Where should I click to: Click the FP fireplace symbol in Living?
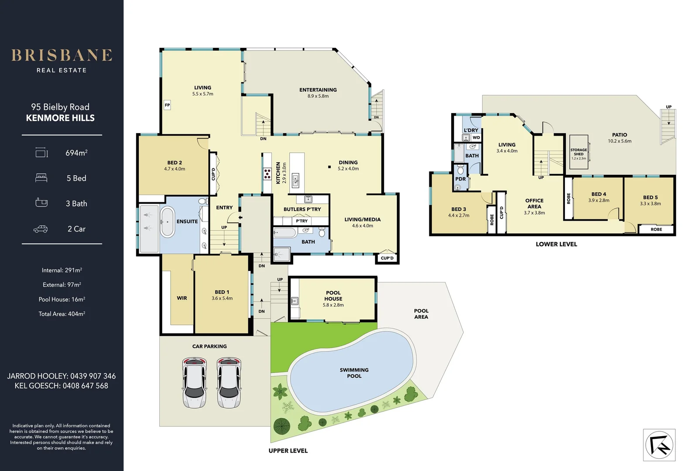167,105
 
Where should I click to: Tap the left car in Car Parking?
194,382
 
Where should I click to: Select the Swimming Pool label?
354,373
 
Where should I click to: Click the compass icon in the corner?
659,445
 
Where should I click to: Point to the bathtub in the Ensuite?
167,222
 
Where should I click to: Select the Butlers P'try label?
302,209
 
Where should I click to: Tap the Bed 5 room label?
650,198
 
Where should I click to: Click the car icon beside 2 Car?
41,229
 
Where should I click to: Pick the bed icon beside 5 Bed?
41,178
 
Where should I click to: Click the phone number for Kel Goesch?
85,386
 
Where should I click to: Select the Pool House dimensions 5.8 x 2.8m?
333,305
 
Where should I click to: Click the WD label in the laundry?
476,137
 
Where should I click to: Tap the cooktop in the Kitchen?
267,174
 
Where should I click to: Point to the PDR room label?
460,179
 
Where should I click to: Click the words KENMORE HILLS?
60,118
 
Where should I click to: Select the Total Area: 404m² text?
62,314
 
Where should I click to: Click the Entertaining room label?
318,90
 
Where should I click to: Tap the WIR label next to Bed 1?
182,298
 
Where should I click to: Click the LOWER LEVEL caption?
556,244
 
